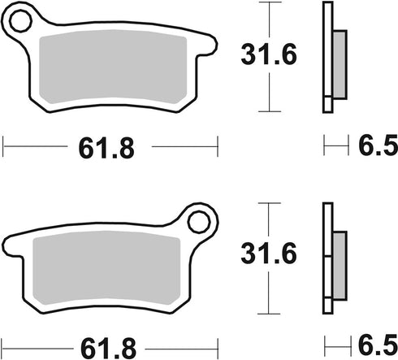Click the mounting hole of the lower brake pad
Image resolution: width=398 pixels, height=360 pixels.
(x=197, y=220)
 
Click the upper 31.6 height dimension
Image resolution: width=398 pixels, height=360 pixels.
(x=270, y=55)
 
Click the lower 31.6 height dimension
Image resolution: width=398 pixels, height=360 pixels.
(x=270, y=256)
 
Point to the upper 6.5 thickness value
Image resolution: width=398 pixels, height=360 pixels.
(x=378, y=147)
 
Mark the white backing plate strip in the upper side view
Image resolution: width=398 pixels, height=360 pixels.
(x=327, y=57)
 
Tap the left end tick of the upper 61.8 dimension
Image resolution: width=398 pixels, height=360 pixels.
(x=4, y=147)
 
